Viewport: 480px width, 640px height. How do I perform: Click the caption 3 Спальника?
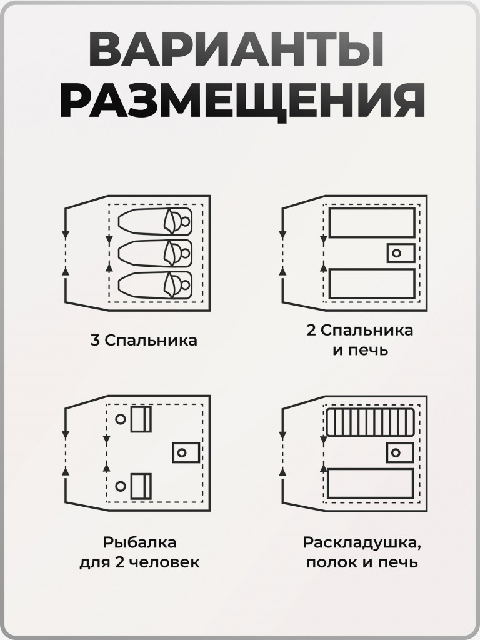click(144, 341)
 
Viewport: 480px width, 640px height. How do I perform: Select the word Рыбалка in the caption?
click(139, 541)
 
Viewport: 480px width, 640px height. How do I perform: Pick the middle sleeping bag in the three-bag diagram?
click(154, 253)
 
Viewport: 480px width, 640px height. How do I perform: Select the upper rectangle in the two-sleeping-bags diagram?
click(372, 223)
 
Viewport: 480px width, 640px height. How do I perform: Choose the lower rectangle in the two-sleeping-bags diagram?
click(372, 284)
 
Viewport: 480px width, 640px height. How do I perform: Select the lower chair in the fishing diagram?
click(141, 486)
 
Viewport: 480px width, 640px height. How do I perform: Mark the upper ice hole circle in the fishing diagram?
click(120, 419)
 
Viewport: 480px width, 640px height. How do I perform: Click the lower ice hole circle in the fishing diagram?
click(120, 486)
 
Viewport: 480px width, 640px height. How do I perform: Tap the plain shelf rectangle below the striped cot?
click(371, 483)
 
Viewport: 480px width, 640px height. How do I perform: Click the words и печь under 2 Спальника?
click(361, 350)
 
